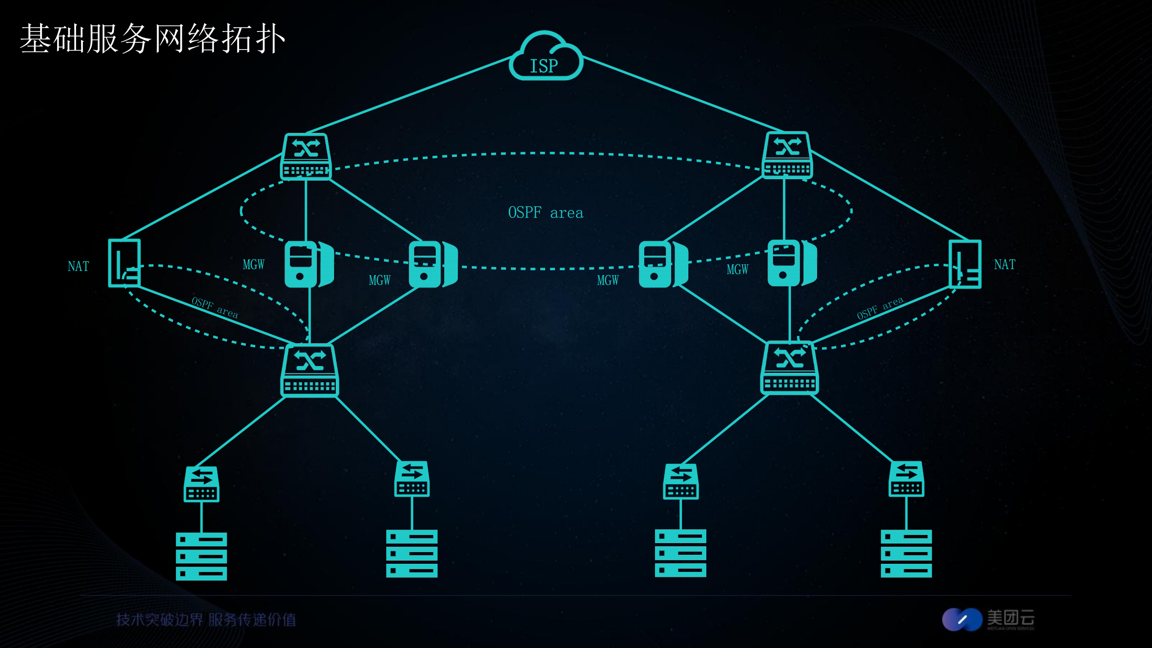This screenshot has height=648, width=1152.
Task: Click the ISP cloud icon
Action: coord(546,57)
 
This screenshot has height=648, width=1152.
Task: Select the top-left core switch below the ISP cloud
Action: coord(306,156)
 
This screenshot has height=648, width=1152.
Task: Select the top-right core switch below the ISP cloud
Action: coord(787,155)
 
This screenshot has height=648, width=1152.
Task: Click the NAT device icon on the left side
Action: coord(124,263)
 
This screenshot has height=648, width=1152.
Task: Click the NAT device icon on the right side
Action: coord(965,264)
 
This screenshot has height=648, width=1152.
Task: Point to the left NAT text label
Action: coord(78,266)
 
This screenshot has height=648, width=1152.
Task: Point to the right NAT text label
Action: coord(1004,264)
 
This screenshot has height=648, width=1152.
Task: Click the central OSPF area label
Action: coord(545,213)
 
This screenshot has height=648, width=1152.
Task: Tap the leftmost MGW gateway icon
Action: coord(309,264)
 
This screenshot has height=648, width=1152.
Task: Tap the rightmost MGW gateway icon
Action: coord(791,263)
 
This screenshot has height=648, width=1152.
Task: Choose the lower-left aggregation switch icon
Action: coord(310,371)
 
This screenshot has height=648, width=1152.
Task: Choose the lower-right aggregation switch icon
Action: coord(789,368)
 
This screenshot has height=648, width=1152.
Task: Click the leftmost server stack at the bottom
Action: coord(201,557)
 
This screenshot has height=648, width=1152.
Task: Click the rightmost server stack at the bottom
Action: coord(906,553)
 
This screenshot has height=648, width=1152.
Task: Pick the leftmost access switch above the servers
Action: coord(201,484)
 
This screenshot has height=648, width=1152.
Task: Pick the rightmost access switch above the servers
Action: coord(906,479)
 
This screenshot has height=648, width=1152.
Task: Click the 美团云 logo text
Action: coord(1010,618)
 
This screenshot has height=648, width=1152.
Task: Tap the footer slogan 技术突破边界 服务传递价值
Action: coord(206,620)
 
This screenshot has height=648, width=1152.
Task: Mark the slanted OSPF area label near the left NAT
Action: coord(215,308)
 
